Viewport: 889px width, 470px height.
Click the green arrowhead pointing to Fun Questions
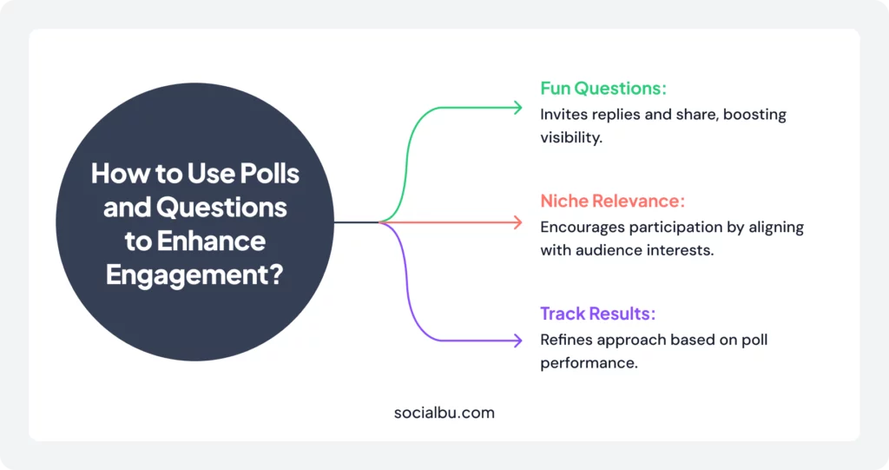518,108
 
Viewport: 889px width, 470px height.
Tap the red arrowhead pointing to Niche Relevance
518,222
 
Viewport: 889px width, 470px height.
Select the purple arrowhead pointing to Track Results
518,341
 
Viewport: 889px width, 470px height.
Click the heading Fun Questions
603,88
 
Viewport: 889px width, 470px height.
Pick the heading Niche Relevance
612,201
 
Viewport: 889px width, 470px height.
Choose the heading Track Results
597,314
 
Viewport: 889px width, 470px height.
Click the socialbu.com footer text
444,413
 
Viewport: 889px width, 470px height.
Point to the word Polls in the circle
269,173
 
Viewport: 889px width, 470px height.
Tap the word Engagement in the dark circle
184,275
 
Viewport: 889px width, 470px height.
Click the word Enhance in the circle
211,242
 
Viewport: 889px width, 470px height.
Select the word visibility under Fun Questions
571,138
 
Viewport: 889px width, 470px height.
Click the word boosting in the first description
754,115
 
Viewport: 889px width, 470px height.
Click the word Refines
566,340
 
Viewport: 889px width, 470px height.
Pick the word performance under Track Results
589,363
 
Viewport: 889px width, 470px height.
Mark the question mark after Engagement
274,275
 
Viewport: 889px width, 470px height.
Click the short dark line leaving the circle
357,222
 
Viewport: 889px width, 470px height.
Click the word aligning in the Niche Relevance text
776,228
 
